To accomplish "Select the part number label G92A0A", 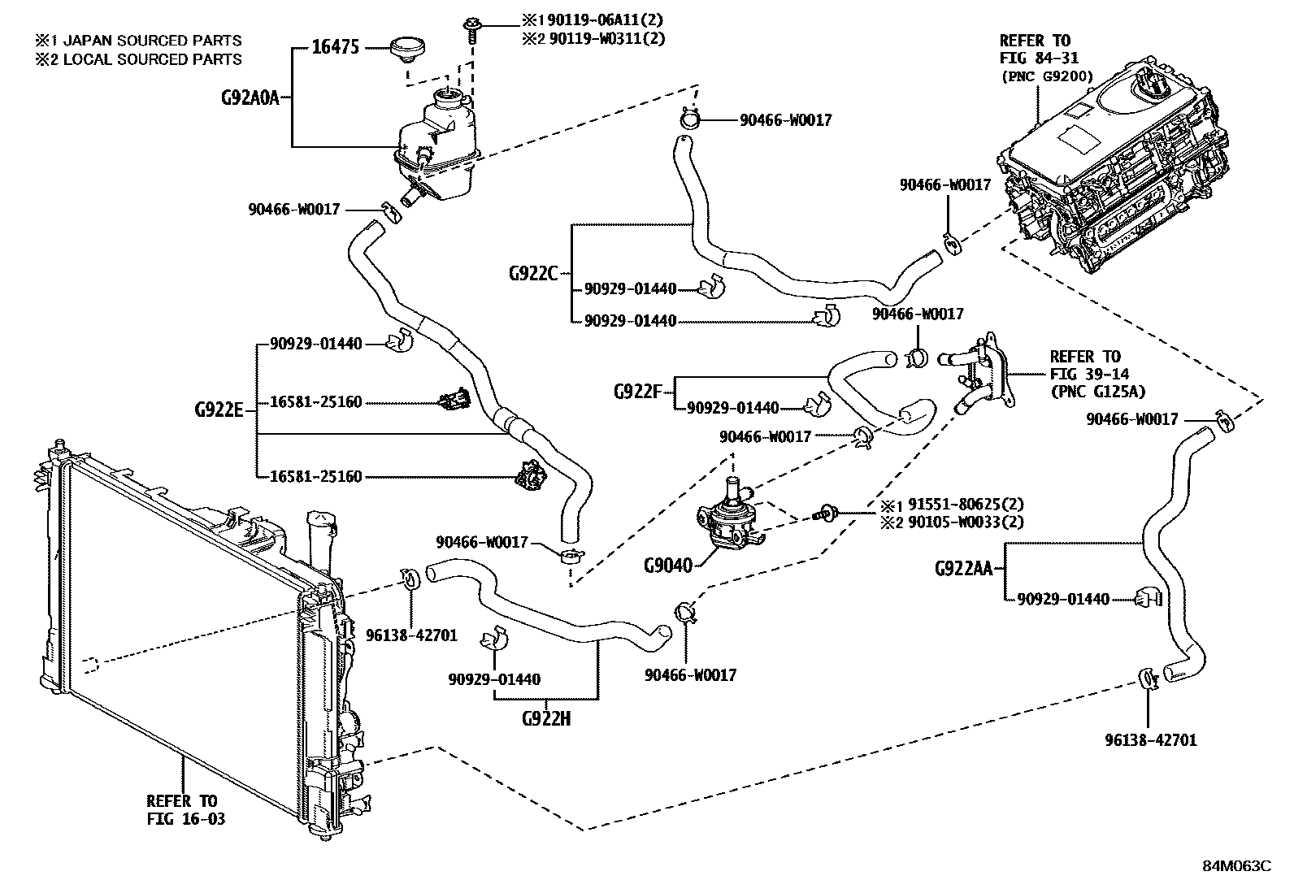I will [x=250, y=98].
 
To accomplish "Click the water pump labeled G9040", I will [x=726, y=521].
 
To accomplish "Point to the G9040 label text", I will [x=667, y=565].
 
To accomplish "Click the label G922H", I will [x=545, y=718].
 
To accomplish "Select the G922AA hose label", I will [x=963, y=569].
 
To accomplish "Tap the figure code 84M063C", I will [x=1236, y=866].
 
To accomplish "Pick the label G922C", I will [x=533, y=273].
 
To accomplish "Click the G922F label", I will [x=638, y=392].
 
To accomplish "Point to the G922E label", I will [x=219, y=410].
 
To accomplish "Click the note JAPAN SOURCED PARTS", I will [x=139, y=40].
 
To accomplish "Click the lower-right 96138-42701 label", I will [x=1150, y=740].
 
